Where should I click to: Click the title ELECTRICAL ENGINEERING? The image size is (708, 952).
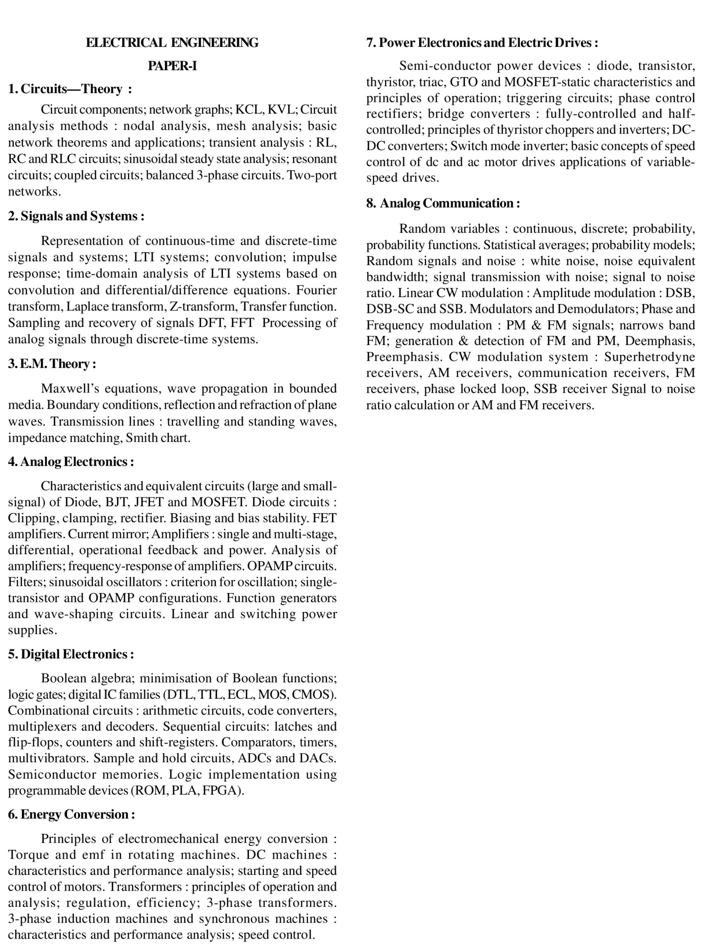pyautogui.click(x=172, y=43)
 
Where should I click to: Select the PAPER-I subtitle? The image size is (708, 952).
pyautogui.click(x=172, y=66)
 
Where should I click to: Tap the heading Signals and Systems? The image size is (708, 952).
pyautogui.click(x=76, y=216)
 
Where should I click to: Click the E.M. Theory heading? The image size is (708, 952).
pyautogui.click(x=52, y=364)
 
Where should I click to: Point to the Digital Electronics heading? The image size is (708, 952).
pyautogui.click(x=71, y=654)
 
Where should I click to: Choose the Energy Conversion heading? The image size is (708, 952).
pyautogui.click(x=72, y=814)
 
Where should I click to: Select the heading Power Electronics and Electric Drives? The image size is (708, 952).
pyautogui.click(x=482, y=43)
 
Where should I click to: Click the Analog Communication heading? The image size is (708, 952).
pyautogui.click(x=443, y=203)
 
